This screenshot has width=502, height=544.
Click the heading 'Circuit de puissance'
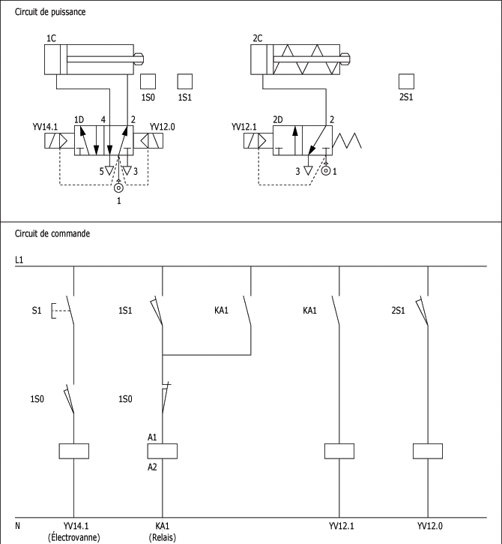point(49,13)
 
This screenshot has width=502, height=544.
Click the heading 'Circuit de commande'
point(52,233)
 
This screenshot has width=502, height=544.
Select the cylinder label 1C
point(51,38)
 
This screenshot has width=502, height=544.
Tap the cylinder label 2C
point(257,38)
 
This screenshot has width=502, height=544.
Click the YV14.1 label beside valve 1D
point(46,127)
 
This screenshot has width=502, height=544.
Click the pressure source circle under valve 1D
point(118,188)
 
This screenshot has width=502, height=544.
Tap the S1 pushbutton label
point(37,310)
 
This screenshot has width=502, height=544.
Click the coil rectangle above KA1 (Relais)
point(163,451)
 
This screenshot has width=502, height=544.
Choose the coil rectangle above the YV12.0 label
point(428,451)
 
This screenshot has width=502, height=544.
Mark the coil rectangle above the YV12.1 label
point(339,451)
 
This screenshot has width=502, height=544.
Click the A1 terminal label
point(153,436)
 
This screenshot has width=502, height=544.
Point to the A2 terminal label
point(153,466)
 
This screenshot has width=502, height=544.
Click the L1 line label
point(19,260)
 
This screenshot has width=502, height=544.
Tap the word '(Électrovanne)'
point(73,536)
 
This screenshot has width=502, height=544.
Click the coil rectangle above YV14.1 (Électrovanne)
point(73,451)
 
